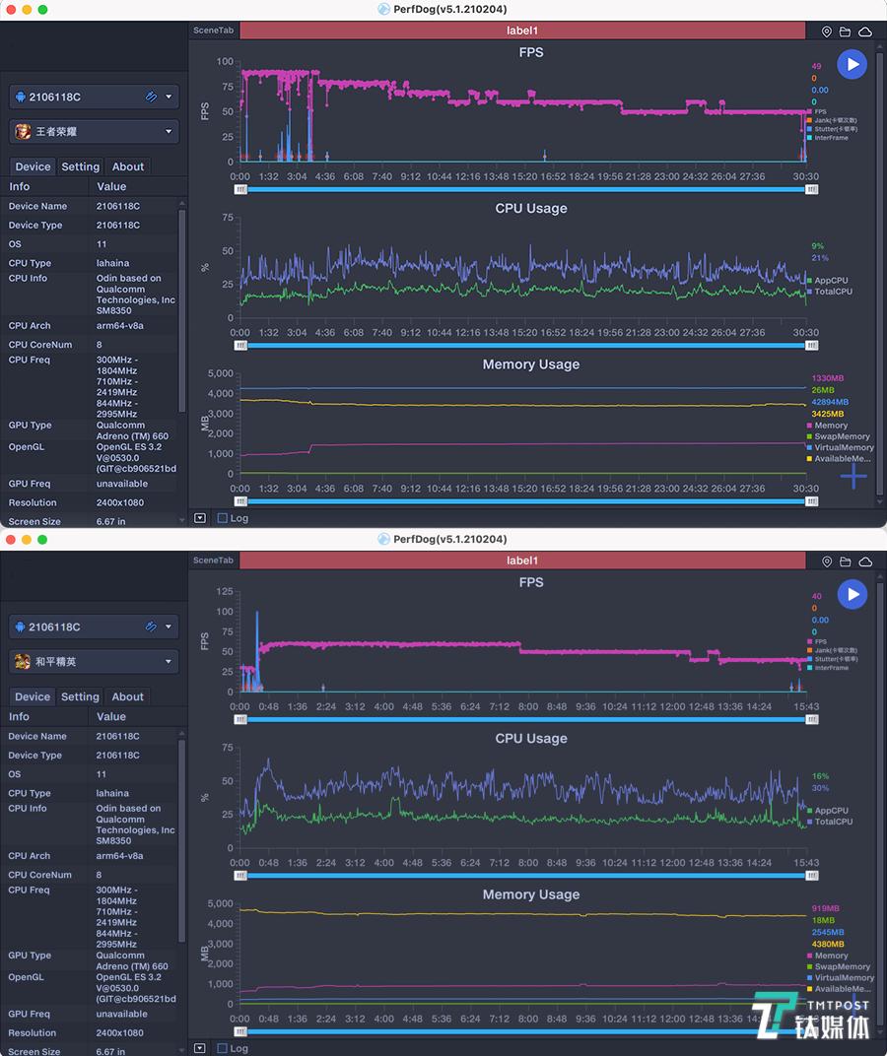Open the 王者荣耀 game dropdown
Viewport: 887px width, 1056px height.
pyautogui.click(x=94, y=131)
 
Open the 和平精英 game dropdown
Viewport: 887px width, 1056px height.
pyautogui.click(x=94, y=661)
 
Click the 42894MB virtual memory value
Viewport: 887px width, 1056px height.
pyautogui.click(x=829, y=402)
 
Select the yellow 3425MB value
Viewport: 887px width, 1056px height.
pyautogui.click(x=828, y=414)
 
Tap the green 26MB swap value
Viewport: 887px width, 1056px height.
pyautogui.click(x=823, y=390)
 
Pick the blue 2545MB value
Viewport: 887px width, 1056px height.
pyautogui.click(x=828, y=932)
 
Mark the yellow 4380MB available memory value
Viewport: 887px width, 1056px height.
pyautogui.click(x=828, y=944)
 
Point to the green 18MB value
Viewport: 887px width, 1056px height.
pyautogui.click(x=823, y=920)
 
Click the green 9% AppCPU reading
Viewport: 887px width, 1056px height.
pyautogui.click(x=817, y=246)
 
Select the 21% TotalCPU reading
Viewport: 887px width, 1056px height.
pyautogui.click(x=819, y=258)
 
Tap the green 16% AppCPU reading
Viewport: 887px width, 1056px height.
pyautogui.click(x=820, y=776)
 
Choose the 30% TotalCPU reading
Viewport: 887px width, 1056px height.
pyautogui.click(x=820, y=788)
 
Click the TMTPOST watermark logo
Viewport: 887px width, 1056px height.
pyautogui.click(x=810, y=1017)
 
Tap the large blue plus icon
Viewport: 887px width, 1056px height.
pyautogui.click(x=853, y=477)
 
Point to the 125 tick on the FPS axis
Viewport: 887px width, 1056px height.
pyautogui.click(x=225, y=592)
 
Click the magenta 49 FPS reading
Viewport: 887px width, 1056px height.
pyautogui.click(x=816, y=67)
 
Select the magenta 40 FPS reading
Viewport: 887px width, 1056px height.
pyautogui.click(x=816, y=597)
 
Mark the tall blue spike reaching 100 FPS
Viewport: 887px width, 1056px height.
pyautogui.click(x=257, y=616)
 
